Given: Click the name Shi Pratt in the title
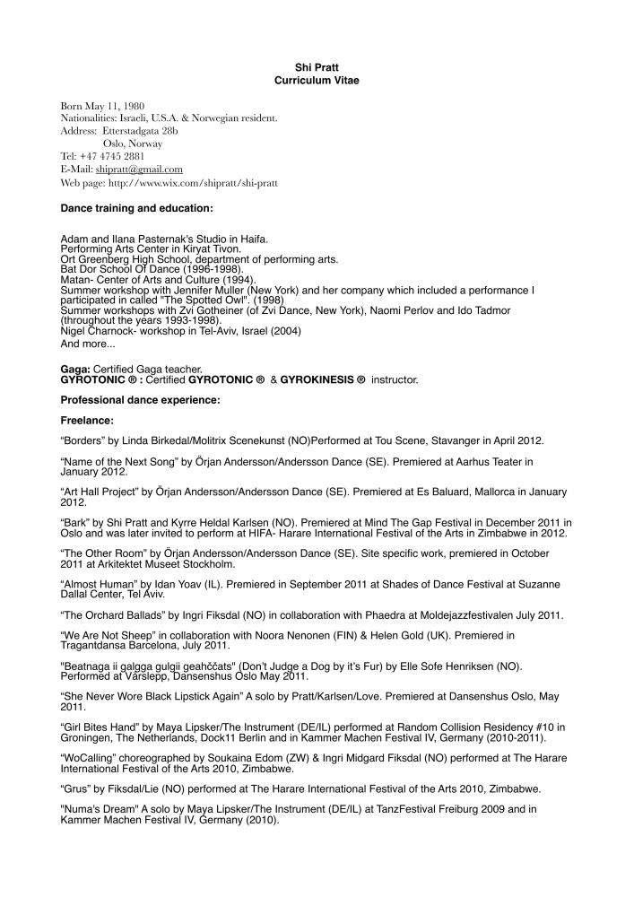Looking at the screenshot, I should click(317, 67).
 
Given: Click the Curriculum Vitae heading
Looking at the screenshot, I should click(317, 80).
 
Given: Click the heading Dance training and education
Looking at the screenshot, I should click(136, 208).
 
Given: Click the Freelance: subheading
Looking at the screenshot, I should click(87, 420).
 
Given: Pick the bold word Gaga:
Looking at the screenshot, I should click(75, 369).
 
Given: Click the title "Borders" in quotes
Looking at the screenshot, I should click(83, 441).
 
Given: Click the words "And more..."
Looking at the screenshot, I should click(88, 343).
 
